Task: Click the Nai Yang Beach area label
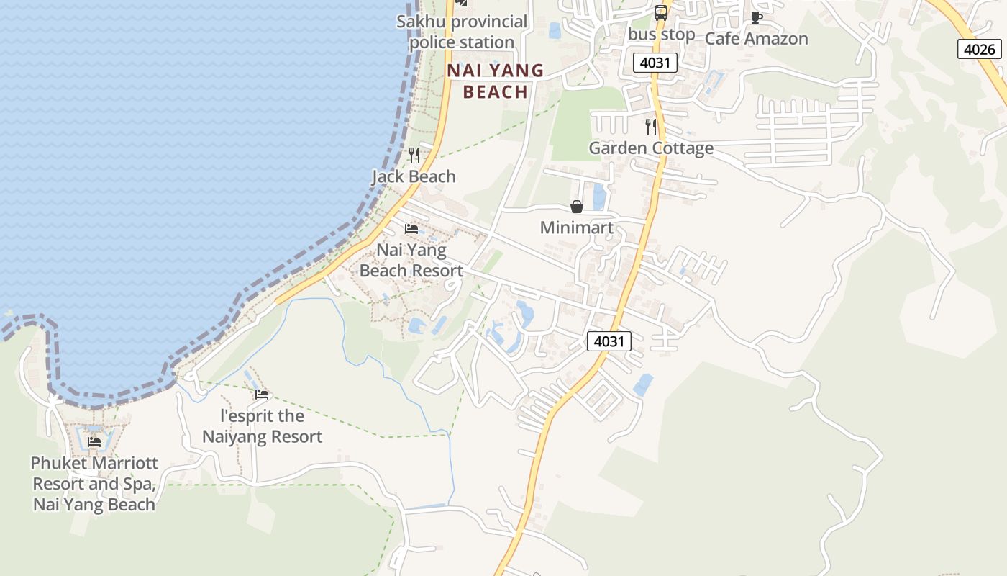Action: pos(496,81)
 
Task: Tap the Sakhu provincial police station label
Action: pos(462,32)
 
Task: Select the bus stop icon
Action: pos(660,12)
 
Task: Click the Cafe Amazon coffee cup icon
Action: pos(756,17)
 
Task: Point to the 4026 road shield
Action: pos(980,49)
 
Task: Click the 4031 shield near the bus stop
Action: pos(655,63)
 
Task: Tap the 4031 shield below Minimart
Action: pos(609,341)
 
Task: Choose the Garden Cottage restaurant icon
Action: pos(651,127)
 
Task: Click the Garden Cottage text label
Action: pos(651,148)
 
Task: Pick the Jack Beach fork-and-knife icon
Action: pos(414,155)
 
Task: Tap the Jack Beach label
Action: pos(414,176)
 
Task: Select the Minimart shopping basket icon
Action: pos(577,207)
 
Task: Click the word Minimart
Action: pos(577,228)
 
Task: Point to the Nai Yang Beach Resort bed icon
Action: pos(411,229)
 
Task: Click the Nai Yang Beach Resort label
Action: pos(411,261)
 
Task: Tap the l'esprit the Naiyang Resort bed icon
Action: pos(262,395)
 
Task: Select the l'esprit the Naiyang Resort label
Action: pos(262,426)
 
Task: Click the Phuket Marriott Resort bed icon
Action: pos(94,441)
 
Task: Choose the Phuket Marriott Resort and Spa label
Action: pos(94,483)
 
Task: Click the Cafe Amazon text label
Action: pos(756,39)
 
